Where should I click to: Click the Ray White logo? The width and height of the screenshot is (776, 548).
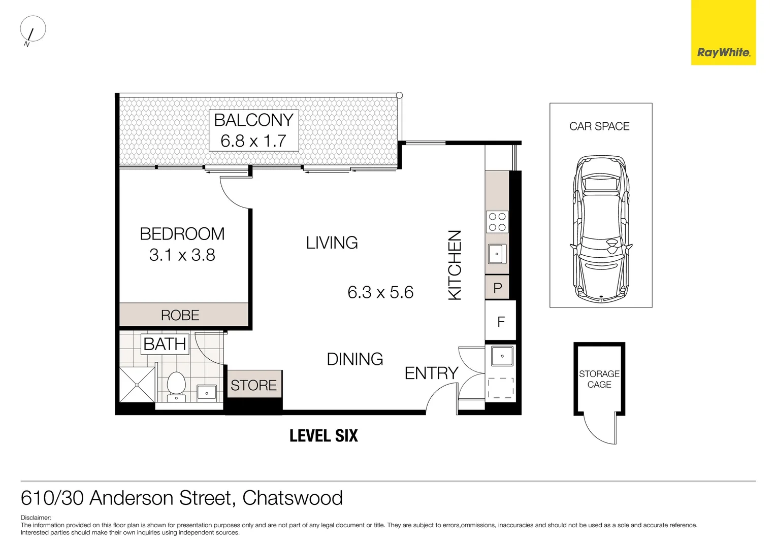coord(723,52)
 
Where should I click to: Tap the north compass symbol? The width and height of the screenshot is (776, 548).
coord(33,30)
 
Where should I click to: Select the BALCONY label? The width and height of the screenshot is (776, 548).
coord(253,120)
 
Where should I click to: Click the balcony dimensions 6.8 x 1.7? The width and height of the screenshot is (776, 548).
coord(253,141)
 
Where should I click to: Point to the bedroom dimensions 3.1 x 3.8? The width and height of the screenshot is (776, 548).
coord(182,255)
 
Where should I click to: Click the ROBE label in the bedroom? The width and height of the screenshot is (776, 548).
coord(180,315)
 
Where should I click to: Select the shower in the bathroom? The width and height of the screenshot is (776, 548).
coord(137,384)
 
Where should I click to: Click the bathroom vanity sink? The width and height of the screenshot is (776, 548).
coord(207,392)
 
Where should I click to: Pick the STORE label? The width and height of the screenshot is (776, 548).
coord(253,385)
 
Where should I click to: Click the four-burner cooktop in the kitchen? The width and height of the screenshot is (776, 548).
coord(497,222)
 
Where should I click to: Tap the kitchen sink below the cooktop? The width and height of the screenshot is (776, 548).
coord(497,254)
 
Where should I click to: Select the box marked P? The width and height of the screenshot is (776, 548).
coord(498,288)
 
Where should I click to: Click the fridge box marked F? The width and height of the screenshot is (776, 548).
coord(501,322)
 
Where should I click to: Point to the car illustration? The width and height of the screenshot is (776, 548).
coord(601,229)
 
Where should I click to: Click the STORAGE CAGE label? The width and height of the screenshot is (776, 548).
coord(599,379)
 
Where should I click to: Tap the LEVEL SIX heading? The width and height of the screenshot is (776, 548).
coord(324,435)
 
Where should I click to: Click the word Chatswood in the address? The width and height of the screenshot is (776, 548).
coord(293,498)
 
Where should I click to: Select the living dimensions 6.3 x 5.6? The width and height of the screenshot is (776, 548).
coord(380,292)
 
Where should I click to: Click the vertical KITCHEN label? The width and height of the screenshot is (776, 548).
coord(455,265)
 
